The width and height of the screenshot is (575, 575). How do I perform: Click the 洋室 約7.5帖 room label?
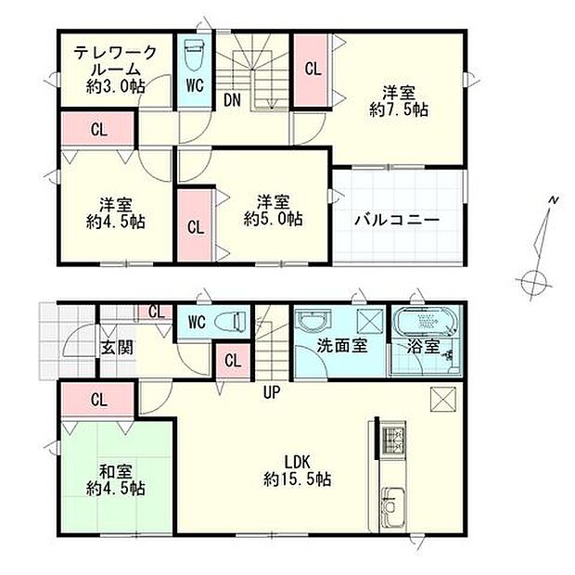tap(398, 101)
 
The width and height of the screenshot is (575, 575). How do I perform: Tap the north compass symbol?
tap(535, 278)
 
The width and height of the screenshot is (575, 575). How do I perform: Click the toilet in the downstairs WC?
tap(228, 322)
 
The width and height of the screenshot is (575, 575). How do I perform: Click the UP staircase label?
tap(271, 392)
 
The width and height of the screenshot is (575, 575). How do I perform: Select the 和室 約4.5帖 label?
tap(115, 478)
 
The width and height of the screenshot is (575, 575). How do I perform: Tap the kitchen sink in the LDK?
tap(392, 509)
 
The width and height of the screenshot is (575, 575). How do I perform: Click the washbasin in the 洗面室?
tap(313, 323)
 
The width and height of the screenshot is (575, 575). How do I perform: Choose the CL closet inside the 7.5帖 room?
tap(313, 68)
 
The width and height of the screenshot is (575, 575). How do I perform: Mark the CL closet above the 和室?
tap(97, 401)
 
